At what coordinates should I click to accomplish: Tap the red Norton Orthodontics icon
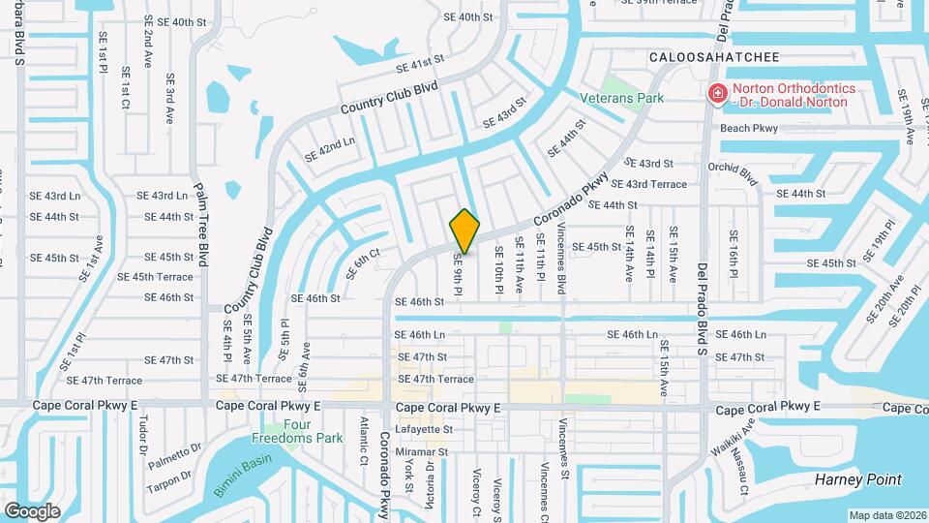click(x=717, y=94)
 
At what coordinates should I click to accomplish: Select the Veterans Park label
click(x=621, y=98)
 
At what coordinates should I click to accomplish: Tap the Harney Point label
click(x=858, y=479)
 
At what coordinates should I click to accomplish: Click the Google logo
click(x=32, y=510)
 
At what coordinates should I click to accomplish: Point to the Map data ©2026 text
click(x=886, y=515)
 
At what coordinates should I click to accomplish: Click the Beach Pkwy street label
click(x=749, y=128)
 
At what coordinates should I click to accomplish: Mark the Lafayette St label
click(x=422, y=429)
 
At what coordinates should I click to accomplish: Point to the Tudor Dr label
click(x=142, y=437)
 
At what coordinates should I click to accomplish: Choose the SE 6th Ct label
click(x=366, y=260)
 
